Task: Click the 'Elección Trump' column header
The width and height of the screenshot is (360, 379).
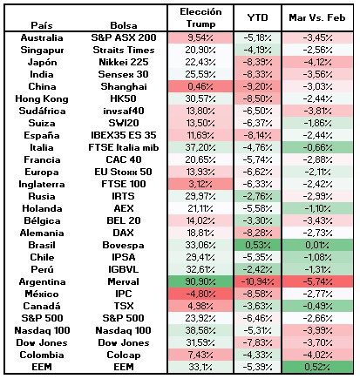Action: tap(200, 17)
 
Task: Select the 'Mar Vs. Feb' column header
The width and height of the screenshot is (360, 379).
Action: tap(317, 17)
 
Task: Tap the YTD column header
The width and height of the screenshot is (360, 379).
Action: tap(257, 17)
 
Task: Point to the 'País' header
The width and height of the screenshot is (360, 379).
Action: tap(42, 25)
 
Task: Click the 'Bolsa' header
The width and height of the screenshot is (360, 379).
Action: tap(124, 25)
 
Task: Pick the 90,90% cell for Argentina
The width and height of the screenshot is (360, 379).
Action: tap(200, 281)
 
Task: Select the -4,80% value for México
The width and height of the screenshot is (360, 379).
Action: tap(200, 294)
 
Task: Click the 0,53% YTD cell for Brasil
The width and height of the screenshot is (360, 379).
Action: tap(257, 245)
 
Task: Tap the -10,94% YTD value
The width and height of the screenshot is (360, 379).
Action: tap(257, 281)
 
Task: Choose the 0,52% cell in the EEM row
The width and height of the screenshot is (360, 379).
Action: tap(317, 367)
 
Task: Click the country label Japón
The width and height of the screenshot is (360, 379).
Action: tap(42, 62)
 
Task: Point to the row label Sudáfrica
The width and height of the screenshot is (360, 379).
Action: tap(42, 111)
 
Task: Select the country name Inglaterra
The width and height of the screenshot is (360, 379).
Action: tap(42, 184)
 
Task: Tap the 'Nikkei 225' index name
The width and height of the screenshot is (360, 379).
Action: tap(124, 62)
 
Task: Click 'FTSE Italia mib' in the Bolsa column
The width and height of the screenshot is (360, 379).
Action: tap(124, 147)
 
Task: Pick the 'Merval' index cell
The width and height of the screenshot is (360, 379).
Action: tap(124, 281)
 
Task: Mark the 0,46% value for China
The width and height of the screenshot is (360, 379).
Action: tap(200, 86)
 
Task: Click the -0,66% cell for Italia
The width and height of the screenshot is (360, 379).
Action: tap(317, 147)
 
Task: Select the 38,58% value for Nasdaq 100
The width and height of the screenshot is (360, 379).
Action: tap(200, 330)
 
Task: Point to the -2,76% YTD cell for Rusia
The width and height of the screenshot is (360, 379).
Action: tap(257, 196)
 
